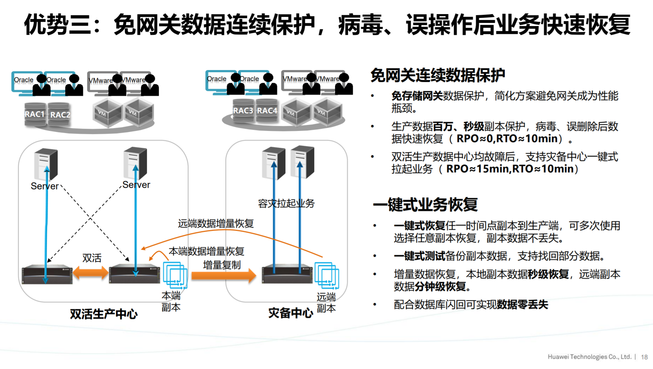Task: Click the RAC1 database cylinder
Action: pos(35,114)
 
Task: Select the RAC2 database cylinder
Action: pos(59,114)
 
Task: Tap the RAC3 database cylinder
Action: pos(243,110)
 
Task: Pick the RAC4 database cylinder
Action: pos(267,110)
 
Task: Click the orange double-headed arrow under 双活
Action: pos(91,273)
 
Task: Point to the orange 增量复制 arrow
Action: pos(224,275)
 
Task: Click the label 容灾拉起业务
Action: pos(286,203)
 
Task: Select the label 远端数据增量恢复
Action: pos(215,224)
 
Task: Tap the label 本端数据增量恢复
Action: pos(206,251)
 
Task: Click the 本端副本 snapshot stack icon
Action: pos(175,275)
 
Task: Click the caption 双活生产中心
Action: pos(104,314)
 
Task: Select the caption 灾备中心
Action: pos(290,313)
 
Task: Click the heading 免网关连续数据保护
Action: pos(438,75)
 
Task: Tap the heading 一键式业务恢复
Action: pos(425,205)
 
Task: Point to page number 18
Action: pos(644,357)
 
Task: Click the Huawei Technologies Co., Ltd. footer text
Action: pos(589,357)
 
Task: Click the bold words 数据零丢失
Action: pos(522,304)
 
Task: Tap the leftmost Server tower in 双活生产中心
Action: pos(46,164)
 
